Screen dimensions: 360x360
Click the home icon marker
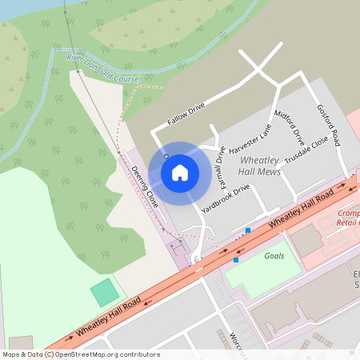tap(180, 172)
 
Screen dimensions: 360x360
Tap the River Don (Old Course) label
tap(103, 69)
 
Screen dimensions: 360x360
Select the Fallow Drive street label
tap(186, 114)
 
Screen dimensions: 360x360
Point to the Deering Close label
tap(145, 188)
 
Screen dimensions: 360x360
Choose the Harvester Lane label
tap(250, 138)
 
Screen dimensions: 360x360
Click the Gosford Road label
tap(328, 124)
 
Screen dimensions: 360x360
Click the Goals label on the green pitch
tap(274, 255)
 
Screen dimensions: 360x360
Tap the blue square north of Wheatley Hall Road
tap(248, 230)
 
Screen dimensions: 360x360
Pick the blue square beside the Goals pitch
tap(236, 259)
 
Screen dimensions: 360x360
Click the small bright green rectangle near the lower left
tap(104, 293)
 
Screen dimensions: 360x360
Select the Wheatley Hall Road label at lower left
tap(109, 316)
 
